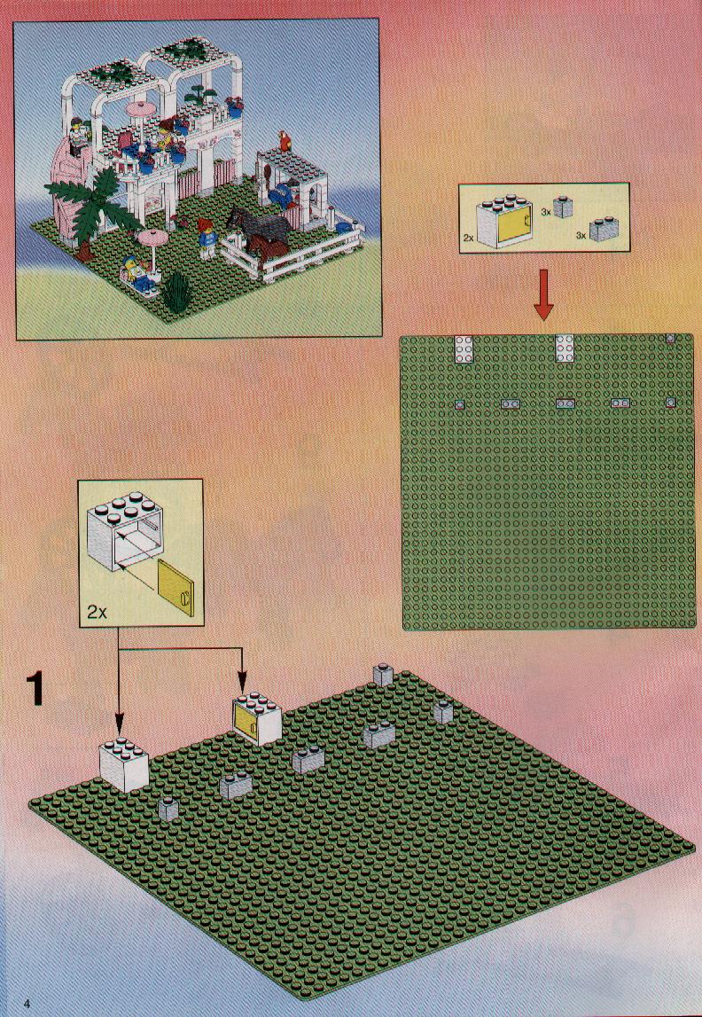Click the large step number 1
(x=35, y=689)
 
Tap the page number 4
(x=27, y=1004)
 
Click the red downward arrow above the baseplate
(x=544, y=294)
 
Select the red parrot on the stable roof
(x=284, y=141)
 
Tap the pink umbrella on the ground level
(x=153, y=250)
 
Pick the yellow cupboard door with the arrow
(x=175, y=587)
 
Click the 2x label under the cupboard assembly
(x=97, y=612)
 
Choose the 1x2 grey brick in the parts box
(x=604, y=228)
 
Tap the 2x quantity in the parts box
(x=469, y=238)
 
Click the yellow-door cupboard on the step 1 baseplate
(x=257, y=719)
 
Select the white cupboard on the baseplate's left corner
(x=123, y=764)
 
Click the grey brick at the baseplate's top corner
(x=383, y=675)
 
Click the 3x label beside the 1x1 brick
(x=546, y=211)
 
